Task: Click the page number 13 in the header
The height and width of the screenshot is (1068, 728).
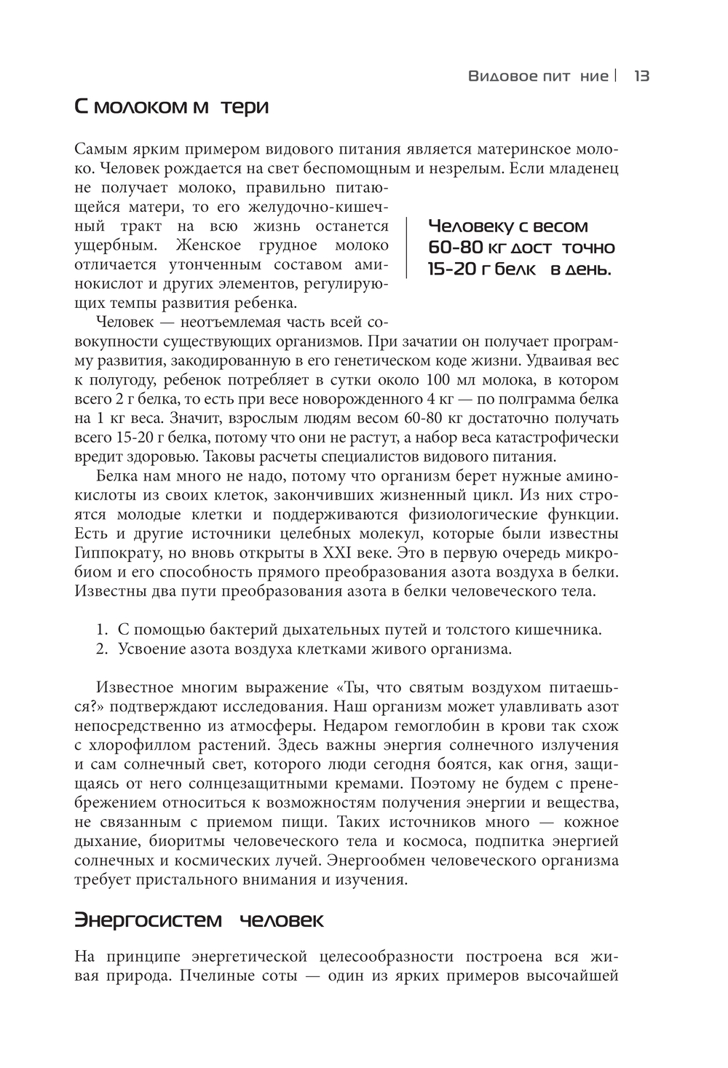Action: [x=641, y=76]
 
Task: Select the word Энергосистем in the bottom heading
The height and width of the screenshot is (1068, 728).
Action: [x=148, y=920]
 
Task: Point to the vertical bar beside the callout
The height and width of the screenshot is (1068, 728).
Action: [x=407, y=247]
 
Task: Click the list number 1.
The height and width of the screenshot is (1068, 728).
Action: [x=102, y=630]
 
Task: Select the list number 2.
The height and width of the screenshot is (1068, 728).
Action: [x=102, y=649]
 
